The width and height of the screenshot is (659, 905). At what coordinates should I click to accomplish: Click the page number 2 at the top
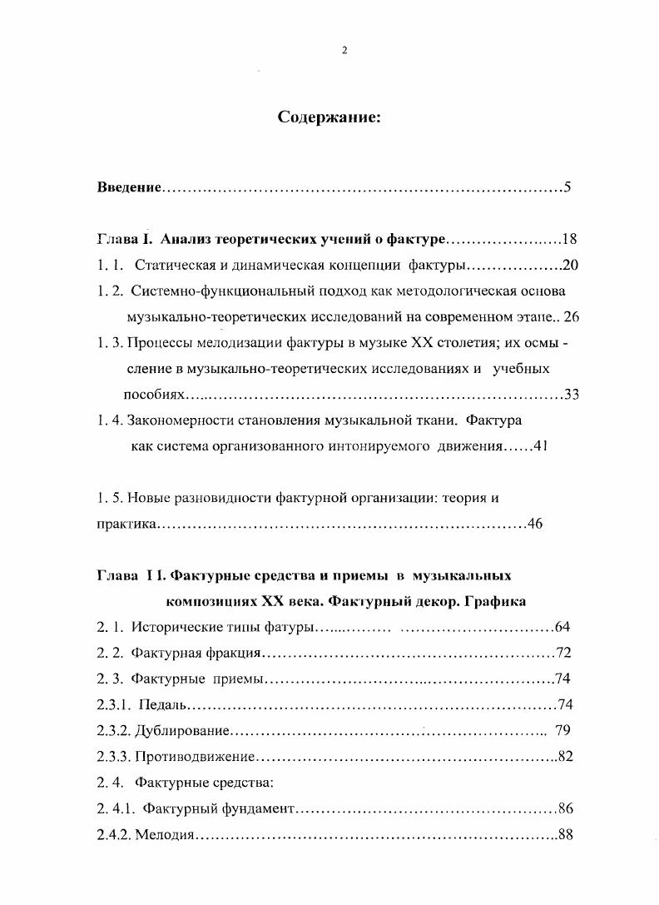pyautogui.click(x=344, y=50)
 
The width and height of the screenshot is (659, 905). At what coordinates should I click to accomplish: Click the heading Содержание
pyautogui.click(x=329, y=118)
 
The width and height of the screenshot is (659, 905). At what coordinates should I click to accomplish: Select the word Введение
pyautogui.click(x=128, y=188)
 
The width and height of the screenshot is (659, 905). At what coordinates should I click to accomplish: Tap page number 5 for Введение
pyautogui.click(x=567, y=187)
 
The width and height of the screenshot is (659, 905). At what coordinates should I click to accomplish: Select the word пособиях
pyautogui.click(x=152, y=395)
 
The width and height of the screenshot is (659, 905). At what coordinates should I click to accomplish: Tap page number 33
pyautogui.click(x=571, y=395)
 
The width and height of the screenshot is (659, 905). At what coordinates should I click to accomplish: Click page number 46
pyautogui.click(x=535, y=525)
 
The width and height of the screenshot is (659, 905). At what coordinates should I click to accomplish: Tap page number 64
pyautogui.click(x=562, y=627)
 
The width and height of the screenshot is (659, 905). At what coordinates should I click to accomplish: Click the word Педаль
pyautogui.click(x=161, y=705)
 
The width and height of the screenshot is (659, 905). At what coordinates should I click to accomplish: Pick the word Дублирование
pyautogui.click(x=181, y=731)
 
